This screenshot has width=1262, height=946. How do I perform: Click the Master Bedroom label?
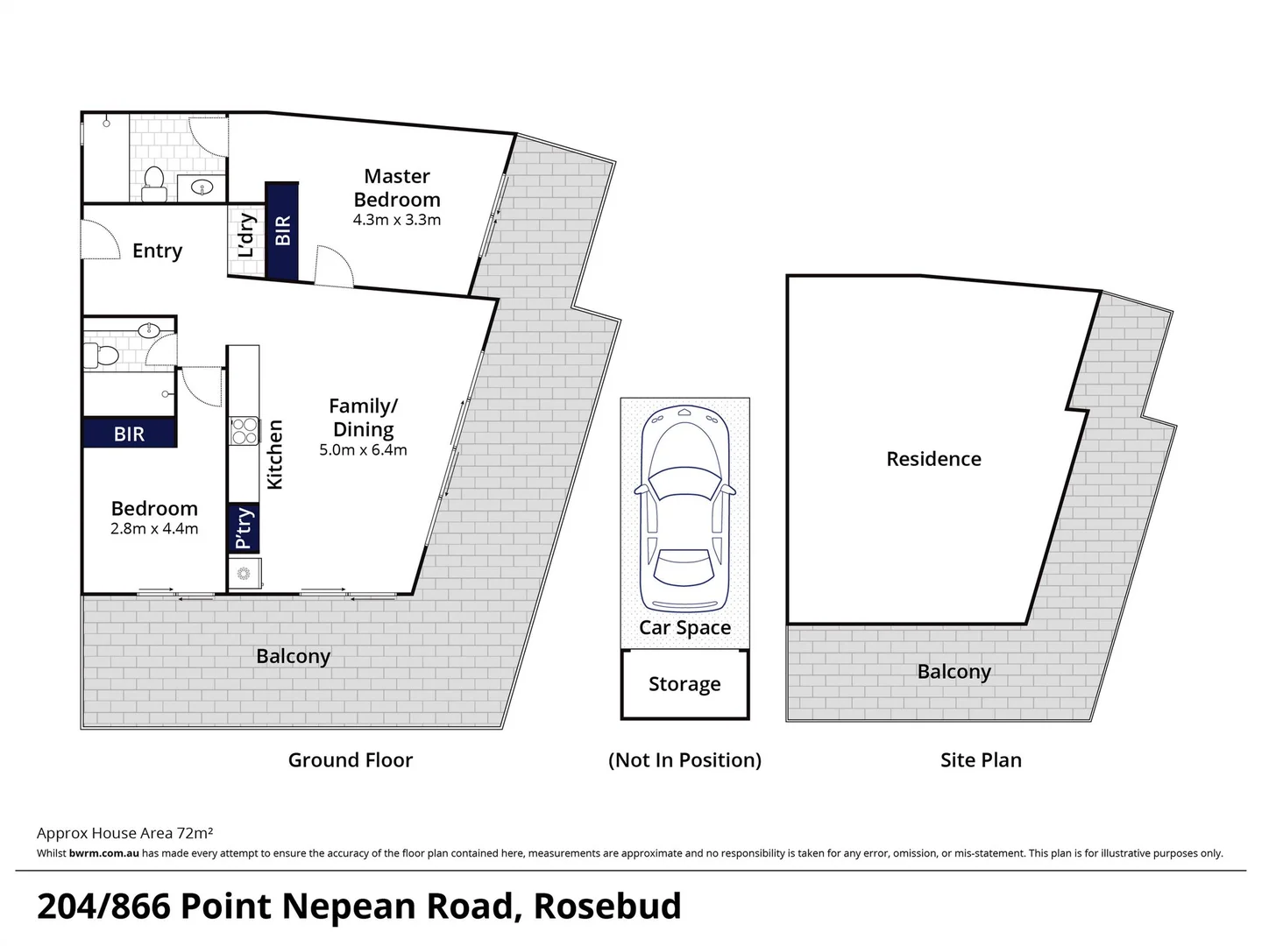point(397,187)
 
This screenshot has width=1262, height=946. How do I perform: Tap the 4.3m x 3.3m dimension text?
point(397,220)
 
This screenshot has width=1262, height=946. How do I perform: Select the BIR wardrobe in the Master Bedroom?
point(282,231)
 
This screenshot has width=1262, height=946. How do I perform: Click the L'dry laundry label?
point(246,235)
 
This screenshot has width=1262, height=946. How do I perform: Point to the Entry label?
point(157,251)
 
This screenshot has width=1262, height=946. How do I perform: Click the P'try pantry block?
point(244,528)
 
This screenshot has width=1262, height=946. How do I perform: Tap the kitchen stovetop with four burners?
point(244,432)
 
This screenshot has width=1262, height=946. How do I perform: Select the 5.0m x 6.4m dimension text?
point(363,451)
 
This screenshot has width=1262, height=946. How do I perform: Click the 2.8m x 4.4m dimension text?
point(154,529)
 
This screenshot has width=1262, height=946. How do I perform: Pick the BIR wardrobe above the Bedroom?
point(129,434)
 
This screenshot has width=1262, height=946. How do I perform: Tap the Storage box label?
point(684,684)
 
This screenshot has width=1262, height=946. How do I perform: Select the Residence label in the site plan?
point(933,459)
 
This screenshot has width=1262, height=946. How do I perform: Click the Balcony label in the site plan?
point(954,672)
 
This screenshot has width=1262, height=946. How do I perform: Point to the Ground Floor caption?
point(350,760)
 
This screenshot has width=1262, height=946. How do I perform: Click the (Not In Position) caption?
point(684,760)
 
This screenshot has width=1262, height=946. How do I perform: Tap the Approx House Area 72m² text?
point(125,833)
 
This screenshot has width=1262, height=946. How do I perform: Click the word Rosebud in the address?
point(607,907)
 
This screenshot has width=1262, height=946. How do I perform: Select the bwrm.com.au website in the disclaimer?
point(103,853)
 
